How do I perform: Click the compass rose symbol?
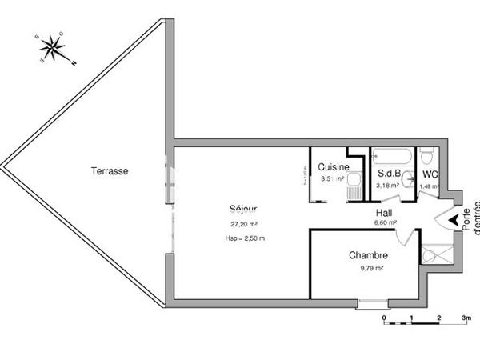(54, 49)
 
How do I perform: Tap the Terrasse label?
(110, 170)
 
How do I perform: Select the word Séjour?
(243, 210)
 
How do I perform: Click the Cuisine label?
(333, 167)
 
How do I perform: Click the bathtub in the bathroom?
(392, 155)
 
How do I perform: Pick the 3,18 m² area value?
(390, 186)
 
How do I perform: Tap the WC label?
(430, 174)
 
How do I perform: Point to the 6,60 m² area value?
(385, 223)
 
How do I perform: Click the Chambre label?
(368, 256)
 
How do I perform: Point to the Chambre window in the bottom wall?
(371, 303)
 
